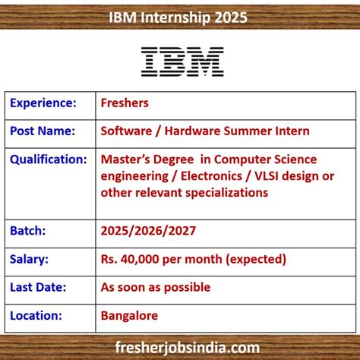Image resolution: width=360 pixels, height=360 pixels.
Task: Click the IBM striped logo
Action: pyautogui.click(x=182, y=62)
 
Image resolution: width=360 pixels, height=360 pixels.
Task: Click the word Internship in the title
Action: pyautogui.click(x=182, y=17)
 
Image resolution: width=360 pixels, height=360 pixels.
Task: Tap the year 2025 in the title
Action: pyautogui.click(x=230, y=17)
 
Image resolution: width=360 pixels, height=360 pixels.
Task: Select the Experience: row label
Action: pyautogui.click(x=43, y=103)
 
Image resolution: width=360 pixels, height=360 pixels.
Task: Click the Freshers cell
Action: pyautogui.click(x=125, y=103)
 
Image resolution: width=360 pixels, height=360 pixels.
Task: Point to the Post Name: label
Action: pyautogui.click(x=43, y=131)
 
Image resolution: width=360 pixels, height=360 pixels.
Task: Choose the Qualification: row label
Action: pyautogui.click(x=49, y=159)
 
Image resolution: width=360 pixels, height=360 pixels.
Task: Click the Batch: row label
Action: pyautogui.click(x=28, y=230)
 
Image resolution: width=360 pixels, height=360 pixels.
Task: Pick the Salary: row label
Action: pyautogui.click(x=30, y=259)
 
